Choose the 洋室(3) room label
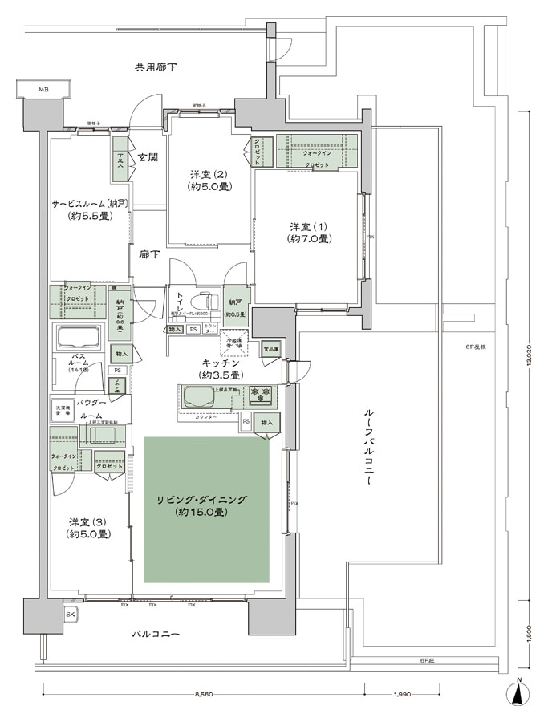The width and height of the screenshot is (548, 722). pos(88,527)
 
